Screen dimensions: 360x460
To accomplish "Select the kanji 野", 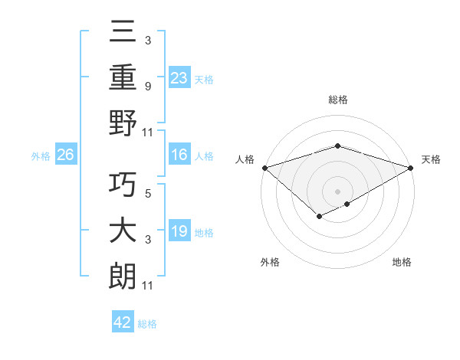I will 123,123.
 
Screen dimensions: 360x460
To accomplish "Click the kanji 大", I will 123,232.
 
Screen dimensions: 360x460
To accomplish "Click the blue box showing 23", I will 179,78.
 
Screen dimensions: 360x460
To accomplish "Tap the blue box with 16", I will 179,155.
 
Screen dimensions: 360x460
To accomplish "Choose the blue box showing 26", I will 66,155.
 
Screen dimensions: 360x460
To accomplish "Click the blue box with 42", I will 123,323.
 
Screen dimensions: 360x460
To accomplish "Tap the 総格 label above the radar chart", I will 337,100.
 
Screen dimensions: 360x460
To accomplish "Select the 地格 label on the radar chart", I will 402,263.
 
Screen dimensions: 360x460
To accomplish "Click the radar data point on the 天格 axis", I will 411,167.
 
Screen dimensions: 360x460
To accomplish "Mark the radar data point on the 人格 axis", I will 264,167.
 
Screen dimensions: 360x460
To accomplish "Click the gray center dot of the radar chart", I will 337,191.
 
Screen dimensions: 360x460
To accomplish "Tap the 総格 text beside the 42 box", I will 147,324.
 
